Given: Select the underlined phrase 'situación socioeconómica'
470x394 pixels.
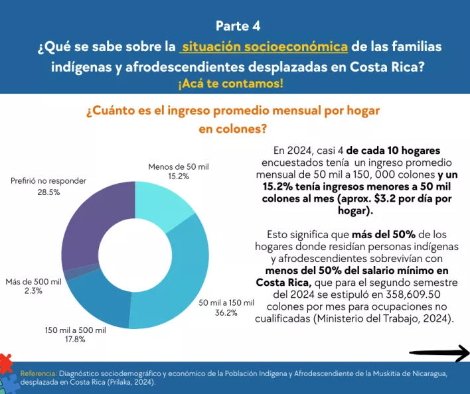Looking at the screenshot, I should coord(265,47).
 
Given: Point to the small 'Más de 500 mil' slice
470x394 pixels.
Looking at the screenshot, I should coord(71,273).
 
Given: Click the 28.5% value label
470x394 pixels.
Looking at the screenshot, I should coord(48,192).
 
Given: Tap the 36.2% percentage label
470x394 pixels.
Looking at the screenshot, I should coord(226,313).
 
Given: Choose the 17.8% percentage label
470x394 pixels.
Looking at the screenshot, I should coord(74,340).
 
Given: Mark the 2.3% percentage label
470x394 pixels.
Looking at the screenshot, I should coord(33,291).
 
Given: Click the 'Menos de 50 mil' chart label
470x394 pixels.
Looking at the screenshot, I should coord(179,166).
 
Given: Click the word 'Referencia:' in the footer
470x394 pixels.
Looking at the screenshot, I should coord(39,373).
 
